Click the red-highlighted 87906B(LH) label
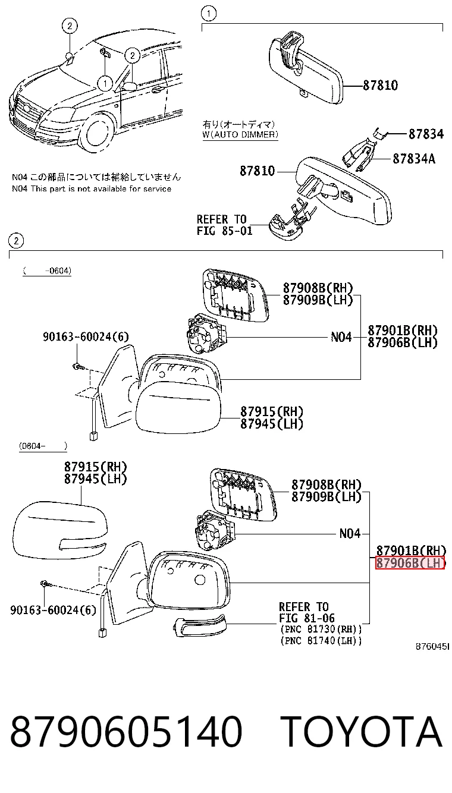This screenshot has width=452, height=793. [x=410, y=562]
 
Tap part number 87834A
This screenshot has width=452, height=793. [x=414, y=159]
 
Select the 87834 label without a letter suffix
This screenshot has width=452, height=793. [x=426, y=134]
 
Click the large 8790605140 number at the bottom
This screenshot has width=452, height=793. [x=126, y=731]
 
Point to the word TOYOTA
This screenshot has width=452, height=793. [x=362, y=731]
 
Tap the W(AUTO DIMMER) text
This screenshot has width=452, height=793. [x=240, y=134]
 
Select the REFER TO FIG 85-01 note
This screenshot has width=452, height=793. [x=224, y=225]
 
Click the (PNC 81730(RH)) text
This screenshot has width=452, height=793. [x=321, y=629]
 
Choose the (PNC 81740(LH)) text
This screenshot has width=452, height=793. [x=321, y=641]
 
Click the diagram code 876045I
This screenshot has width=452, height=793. [x=432, y=647]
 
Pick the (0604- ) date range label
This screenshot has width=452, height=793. [x=43, y=446]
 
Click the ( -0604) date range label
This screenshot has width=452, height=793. [x=47, y=271]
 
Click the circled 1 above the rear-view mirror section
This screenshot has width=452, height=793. [x=208, y=14]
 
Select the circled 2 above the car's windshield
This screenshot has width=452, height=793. [x=70, y=26]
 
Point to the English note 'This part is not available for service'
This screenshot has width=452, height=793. [x=101, y=188]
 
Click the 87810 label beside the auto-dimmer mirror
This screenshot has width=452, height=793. [x=257, y=171]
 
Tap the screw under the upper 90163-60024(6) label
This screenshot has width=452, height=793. [x=77, y=366]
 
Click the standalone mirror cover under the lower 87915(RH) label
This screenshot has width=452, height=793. [x=60, y=530]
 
